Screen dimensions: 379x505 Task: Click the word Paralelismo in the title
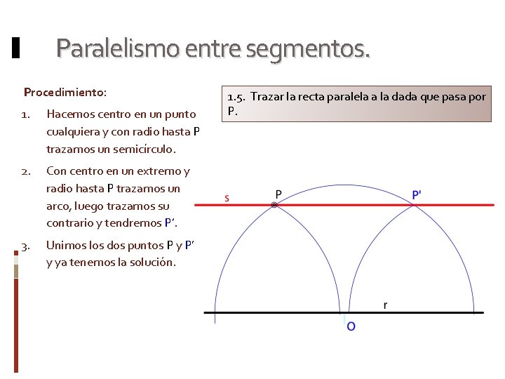116,48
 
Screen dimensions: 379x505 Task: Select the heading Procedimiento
65,92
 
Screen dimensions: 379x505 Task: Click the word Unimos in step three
65,246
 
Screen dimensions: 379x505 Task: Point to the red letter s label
226,197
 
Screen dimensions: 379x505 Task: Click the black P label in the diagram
278,194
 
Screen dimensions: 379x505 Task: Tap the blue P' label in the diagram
417,194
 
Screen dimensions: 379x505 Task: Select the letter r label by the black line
385,305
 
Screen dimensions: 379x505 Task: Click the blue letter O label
351,326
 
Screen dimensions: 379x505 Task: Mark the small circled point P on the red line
274,205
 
